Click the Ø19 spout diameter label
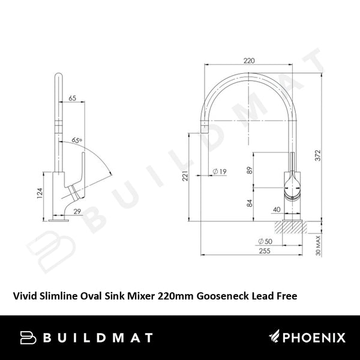[220, 172]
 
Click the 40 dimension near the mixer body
[277, 209]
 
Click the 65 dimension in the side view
[73, 98]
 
